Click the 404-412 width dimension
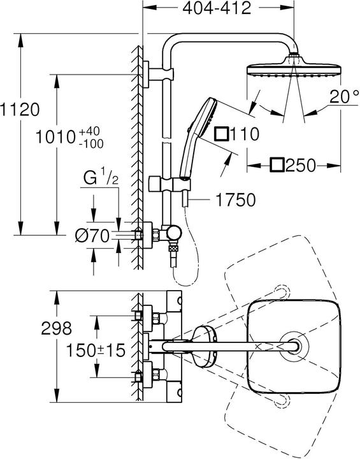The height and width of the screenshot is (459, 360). [x=215, y=8]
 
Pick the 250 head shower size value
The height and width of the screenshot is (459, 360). [x=301, y=166]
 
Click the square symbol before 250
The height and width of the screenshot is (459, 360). [x=277, y=166]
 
